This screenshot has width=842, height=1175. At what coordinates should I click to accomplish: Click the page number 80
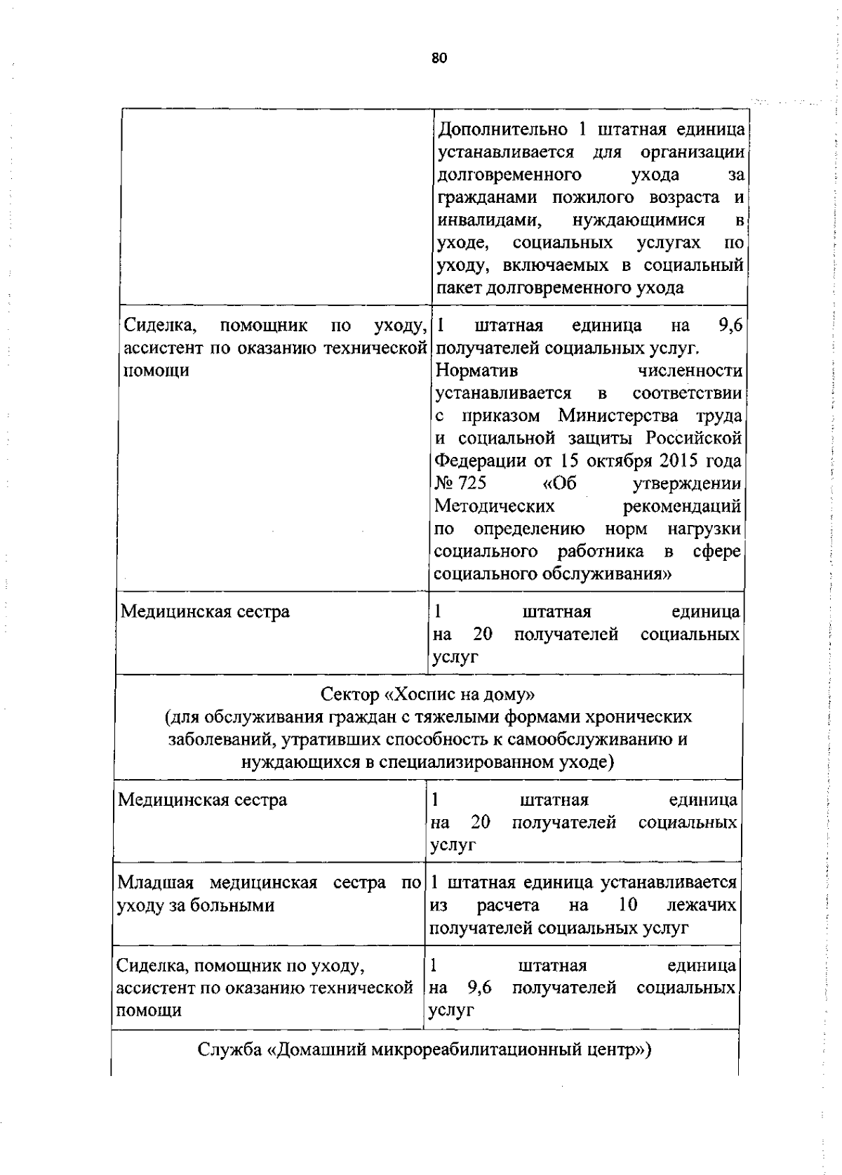(x=439, y=58)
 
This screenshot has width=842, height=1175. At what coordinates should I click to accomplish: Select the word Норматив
(x=476, y=371)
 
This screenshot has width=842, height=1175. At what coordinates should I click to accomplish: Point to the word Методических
(x=495, y=506)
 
